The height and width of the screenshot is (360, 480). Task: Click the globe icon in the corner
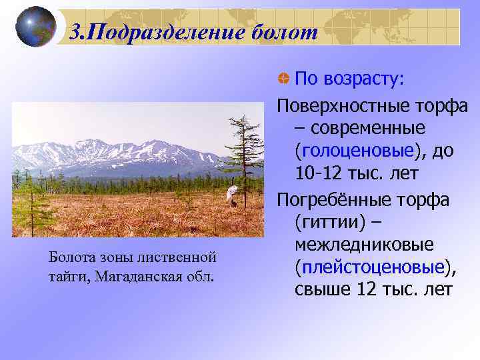[x=35, y=27]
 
